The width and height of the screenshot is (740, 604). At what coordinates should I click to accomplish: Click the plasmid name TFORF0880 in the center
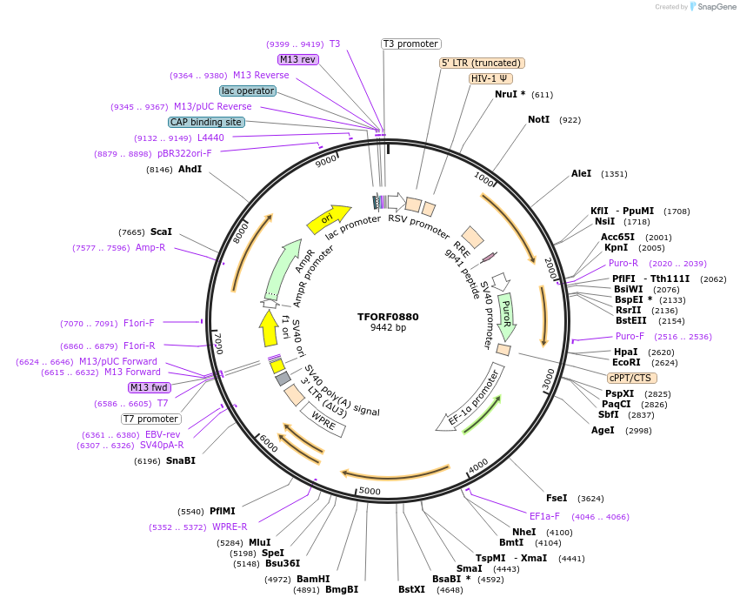(x=388, y=317)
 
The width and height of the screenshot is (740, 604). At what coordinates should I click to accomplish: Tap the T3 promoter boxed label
(x=411, y=44)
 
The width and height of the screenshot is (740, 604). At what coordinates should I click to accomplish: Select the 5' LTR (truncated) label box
(x=482, y=63)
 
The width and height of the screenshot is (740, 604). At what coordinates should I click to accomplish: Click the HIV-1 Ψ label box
(x=490, y=78)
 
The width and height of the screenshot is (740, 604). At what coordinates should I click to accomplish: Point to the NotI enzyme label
(x=539, y=119)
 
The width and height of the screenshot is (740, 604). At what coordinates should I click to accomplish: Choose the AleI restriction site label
(x=581, y=174)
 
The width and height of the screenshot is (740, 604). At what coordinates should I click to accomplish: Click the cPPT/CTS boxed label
(x=632, y=378)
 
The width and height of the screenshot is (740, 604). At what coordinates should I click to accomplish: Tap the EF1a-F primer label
(x=544, y=516)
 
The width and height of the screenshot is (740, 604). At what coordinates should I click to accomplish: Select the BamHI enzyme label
(x=313, y=579)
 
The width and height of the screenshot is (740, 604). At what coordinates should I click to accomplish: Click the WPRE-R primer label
(x=230, y=527)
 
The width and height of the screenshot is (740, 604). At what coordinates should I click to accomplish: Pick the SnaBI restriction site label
(x=181, y=460)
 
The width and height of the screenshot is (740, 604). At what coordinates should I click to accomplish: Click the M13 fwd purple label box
(x=149, y=387)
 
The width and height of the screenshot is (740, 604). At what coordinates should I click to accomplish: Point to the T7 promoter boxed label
(x=151, y=419)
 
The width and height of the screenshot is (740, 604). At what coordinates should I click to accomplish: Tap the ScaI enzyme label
(x=161, y=232)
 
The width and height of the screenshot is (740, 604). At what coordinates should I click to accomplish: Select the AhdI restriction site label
(x=190, y=170)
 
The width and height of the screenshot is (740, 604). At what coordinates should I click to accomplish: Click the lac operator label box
(x=248, y=91)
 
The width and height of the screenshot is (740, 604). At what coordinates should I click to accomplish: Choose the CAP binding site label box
(x=206, y=123)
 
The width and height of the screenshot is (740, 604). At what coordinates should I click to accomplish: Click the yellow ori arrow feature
(x=329, y=218)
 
